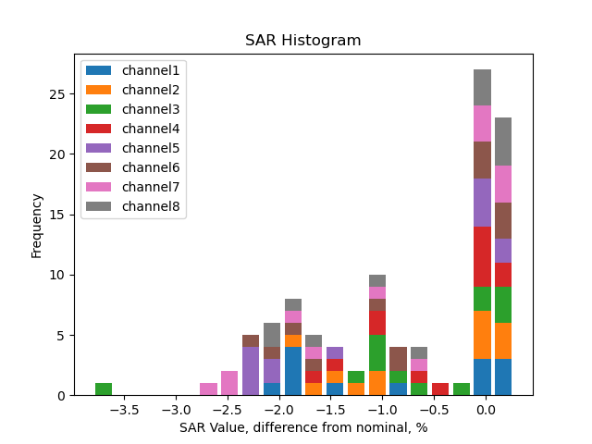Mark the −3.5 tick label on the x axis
(x=124, y=409)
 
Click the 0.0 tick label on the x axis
(x=484, y=409)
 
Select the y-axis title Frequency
(x=37, y=226)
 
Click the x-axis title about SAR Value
(x=302, y=427)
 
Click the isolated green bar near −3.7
(x=104, y=389)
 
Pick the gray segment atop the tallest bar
(x=482, y=87)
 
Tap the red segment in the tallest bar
(x=482, y=256)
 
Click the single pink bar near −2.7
(x=208, y=389)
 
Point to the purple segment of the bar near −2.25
(x=251, y=371)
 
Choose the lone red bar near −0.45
(x=440, y=389)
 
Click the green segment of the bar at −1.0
(x=377, y=352)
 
